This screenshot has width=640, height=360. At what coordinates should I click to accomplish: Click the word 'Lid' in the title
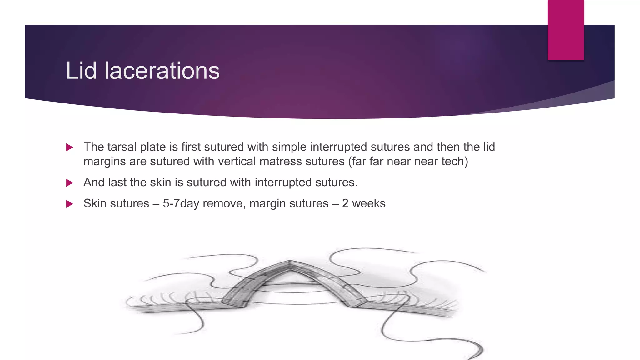click(x=81, y=71)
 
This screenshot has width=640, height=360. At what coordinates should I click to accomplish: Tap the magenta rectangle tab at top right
click(x=566, y=30)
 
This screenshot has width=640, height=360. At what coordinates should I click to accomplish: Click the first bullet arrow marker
click(x=70, y=147)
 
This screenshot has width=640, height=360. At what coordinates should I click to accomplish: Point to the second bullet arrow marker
click(x=70, y=183)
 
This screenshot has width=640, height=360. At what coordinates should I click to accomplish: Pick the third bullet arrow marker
click(x=70, y=204)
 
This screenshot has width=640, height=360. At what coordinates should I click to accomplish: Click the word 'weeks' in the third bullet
click(x=369, y=203)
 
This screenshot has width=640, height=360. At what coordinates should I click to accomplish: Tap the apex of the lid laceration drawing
click(x=289, y=262)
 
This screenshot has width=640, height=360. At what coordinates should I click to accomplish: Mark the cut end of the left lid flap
click(x=234, y=303)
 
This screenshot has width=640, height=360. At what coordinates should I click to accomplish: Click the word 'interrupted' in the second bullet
click(x=283, y=182)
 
